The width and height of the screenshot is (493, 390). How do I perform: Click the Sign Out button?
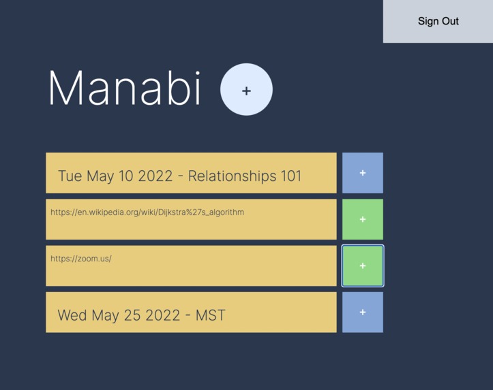point(438,21)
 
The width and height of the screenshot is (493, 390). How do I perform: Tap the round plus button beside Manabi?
point(246,90)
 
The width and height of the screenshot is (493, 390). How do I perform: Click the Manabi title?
point(125,88)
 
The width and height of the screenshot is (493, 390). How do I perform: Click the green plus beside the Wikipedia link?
point(362,219)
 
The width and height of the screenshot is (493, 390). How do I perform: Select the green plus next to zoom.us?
point(362,266)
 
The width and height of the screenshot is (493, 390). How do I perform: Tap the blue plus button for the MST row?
point(362,312)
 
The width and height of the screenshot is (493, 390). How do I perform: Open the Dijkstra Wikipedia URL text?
point(147,212)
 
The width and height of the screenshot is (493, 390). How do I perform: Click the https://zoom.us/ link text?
point(80,259)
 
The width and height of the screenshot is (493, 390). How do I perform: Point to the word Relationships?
point(232,176)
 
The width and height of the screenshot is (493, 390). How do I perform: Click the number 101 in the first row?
point(290,176)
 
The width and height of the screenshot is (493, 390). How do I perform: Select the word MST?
point(210,315)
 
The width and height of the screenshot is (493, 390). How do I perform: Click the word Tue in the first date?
point(70,176)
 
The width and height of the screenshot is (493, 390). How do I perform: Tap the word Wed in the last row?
point(72,315)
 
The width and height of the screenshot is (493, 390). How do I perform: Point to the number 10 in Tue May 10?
point(124,176)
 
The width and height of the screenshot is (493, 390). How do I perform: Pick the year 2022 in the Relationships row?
point(155,176)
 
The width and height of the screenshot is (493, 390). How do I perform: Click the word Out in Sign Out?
point(450,21)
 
